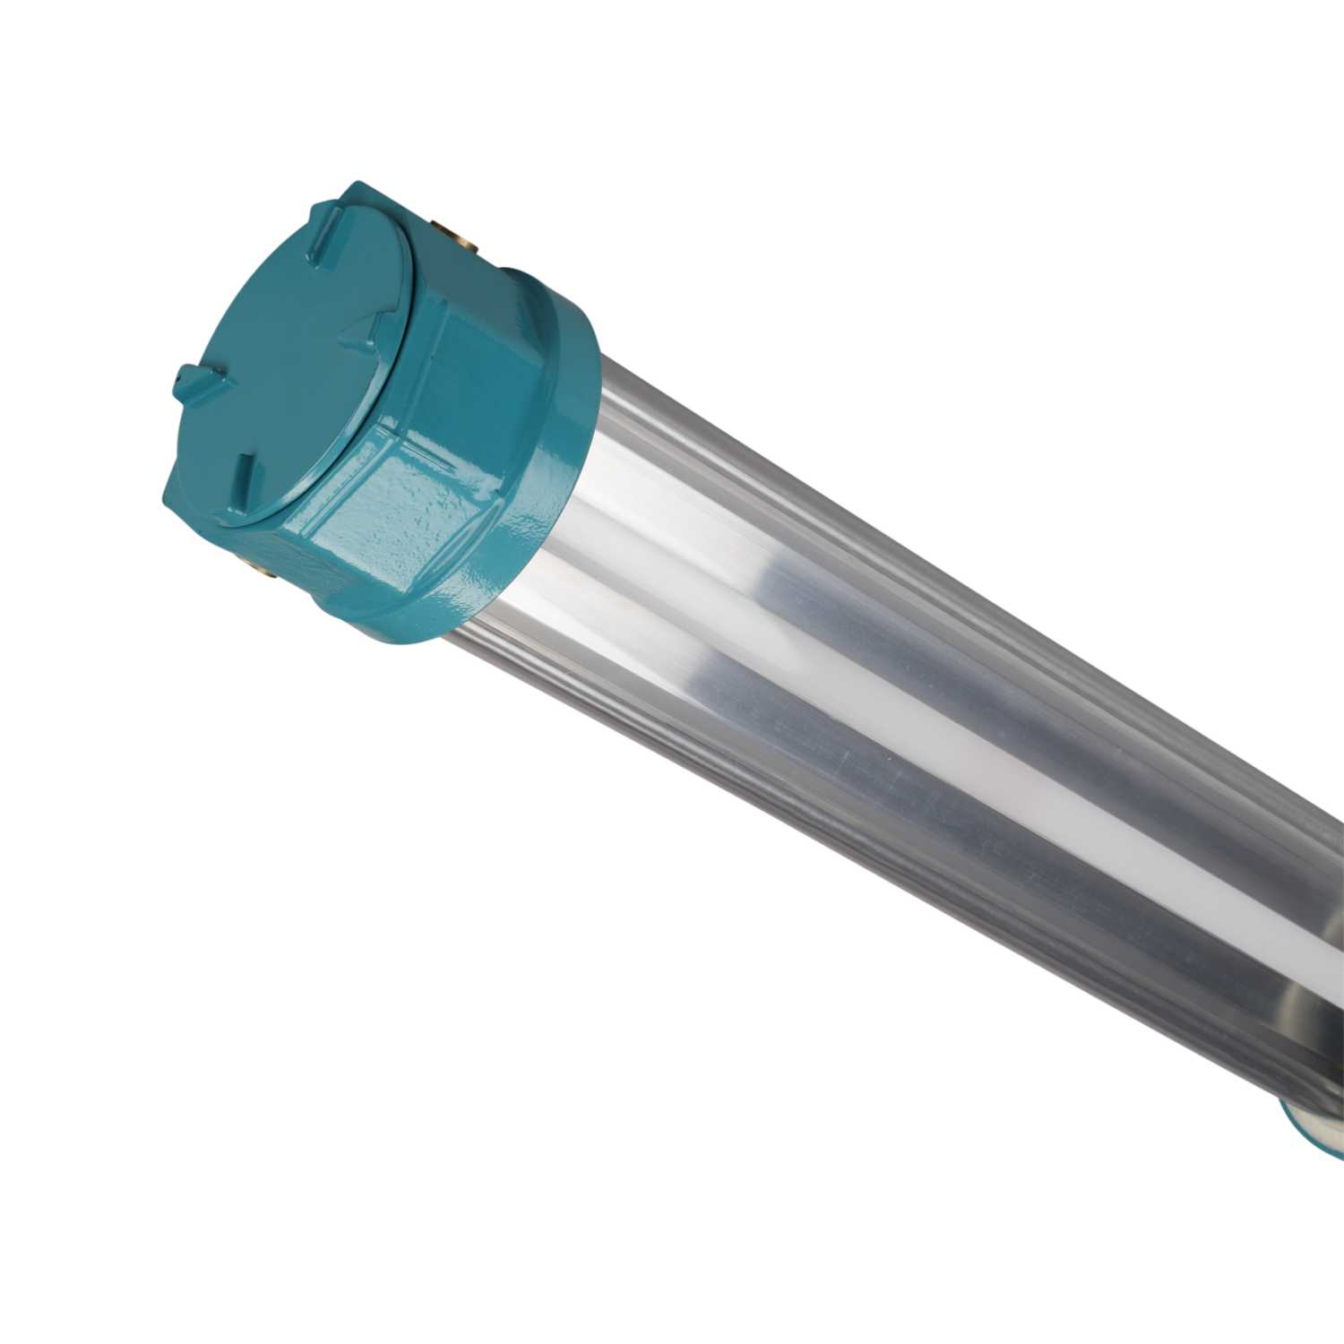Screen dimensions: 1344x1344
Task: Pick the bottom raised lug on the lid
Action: click(243, 472)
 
